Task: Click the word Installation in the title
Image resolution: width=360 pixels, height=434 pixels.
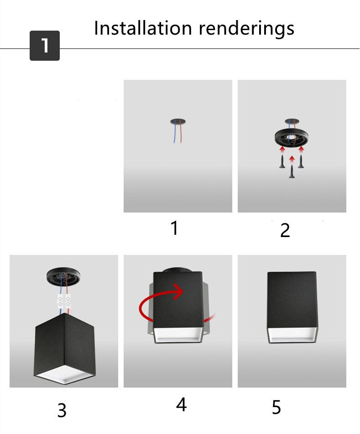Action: pyautogui.click(x=143, y=28)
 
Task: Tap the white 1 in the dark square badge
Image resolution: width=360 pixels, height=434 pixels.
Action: pyautogui.click(x=45, y=46)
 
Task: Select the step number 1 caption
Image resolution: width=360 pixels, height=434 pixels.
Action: pyautogui.click(x=174, y=228)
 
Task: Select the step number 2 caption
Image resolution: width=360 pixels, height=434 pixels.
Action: pyautogui.click(x=285, y=231)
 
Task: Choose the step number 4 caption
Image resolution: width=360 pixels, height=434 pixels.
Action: pyautogui.click(x=182, y=405)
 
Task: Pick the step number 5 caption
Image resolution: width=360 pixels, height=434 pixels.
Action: pyautogui.click(x=277, y=408)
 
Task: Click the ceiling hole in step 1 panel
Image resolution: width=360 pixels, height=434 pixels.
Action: pyautogui.click(x=178, y=121)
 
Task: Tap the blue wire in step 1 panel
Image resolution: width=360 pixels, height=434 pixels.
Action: pyautogui.click(x=175, y=135)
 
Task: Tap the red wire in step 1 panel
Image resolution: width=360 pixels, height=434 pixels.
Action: pyautogui.click(x=181, y=134)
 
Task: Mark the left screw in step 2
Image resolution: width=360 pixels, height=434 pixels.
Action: pyautogui.click(x=282, y=161)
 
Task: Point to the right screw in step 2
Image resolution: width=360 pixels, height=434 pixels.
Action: pyautogui.click(x=301, y=161)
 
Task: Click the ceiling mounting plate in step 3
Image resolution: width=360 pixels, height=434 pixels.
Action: pyautogui.click(x=63, y=276)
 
